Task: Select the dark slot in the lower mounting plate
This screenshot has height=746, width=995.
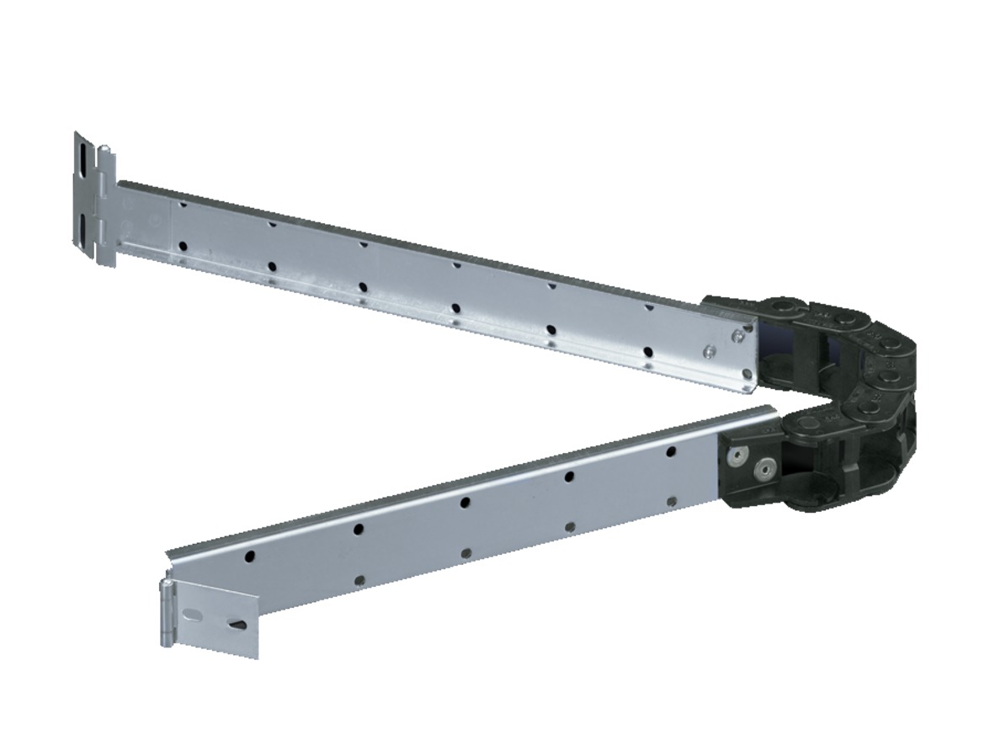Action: (x=237, y=626)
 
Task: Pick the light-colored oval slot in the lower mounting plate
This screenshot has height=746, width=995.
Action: (x=194, y=612)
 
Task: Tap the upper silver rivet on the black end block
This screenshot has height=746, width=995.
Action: (x=737, y=456)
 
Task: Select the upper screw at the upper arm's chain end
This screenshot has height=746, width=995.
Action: (x=737, y=336)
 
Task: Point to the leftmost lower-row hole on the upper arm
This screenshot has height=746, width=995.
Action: (x=183, y=247)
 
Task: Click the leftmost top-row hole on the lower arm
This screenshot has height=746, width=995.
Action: (x=250, y=557)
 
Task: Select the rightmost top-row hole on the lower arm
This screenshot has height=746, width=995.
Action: (x=671, y=452)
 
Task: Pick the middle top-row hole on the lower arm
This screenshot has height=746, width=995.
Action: (x=465, y=503)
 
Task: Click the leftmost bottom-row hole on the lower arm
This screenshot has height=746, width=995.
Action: (x=359, y=580)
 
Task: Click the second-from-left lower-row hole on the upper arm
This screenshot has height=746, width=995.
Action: (x=272, y=267)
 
